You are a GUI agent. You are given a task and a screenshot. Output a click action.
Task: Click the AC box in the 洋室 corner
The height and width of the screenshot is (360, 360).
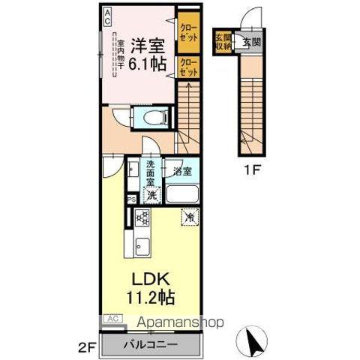tap(107, 13)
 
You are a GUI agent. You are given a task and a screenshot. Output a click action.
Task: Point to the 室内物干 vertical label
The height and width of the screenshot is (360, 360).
tap(119, 58)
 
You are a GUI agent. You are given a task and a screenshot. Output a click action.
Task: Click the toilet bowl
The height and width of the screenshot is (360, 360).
tap(149, 116)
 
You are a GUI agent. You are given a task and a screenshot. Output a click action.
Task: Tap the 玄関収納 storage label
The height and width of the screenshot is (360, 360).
tap(223, 41)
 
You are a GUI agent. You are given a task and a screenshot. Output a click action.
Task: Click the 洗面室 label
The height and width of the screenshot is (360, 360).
tap(151, 175)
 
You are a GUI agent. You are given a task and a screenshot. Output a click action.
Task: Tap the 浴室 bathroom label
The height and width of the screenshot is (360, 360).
tap(181, 171)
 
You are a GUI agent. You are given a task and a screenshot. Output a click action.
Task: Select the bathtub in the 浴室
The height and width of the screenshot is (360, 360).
tap(181, 196)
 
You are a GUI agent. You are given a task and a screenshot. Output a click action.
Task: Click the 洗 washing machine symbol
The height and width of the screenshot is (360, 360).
tap(151, 196)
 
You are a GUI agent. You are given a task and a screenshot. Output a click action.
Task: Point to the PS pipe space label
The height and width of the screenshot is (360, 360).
tap(130, 199)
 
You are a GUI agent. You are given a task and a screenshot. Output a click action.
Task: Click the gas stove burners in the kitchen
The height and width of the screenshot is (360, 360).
tap(141, 217)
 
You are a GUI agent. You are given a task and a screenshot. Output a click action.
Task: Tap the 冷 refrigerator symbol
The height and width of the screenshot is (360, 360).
tap(190, 217)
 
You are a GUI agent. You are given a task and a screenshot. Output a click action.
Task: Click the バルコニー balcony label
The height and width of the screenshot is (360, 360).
tap(152, 345)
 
